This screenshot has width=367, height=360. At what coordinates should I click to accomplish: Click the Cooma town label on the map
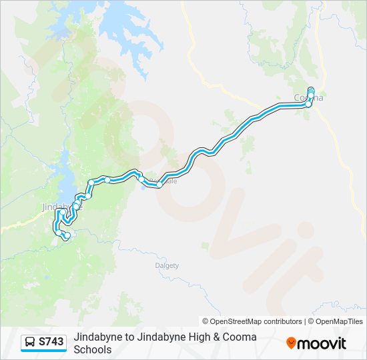click(309, 98)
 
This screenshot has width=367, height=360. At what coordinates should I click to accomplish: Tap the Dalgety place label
click(167, 265)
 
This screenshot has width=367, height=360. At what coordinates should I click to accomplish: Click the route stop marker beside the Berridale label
click(159, 185)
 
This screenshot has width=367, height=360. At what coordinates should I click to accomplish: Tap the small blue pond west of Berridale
click(143, 185)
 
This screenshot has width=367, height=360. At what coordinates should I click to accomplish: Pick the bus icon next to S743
click(30, 343)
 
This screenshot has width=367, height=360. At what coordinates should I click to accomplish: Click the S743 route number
click(51, 343)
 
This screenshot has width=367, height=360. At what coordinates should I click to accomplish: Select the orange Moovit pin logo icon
click(292, 343)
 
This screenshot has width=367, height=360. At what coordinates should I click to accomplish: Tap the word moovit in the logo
click(322, 343)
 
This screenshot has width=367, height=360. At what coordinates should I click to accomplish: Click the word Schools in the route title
click(93, 349)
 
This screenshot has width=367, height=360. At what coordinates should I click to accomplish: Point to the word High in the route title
click(187, 337)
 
